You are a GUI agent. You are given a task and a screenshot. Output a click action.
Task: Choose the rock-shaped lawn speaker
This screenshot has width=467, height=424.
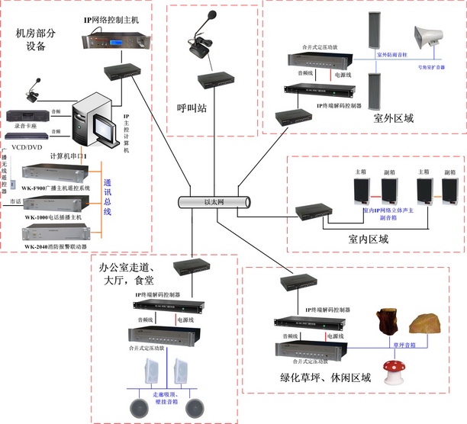pos(424,324)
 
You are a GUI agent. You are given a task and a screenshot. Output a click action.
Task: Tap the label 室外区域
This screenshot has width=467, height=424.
pos(394,118)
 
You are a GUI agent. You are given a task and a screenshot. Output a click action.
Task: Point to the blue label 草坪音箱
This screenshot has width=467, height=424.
pos(404,344)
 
